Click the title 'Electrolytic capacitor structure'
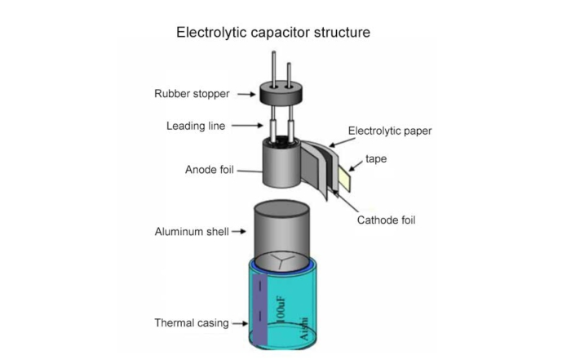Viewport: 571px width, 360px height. click(273, 33)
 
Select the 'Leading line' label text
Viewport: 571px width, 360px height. click(196, 126)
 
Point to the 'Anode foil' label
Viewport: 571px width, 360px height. click(210, 171)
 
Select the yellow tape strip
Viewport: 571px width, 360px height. click(345, 179)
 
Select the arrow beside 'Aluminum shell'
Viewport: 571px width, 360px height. click(238, 232)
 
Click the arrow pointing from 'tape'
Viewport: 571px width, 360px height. click(356, 165)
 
